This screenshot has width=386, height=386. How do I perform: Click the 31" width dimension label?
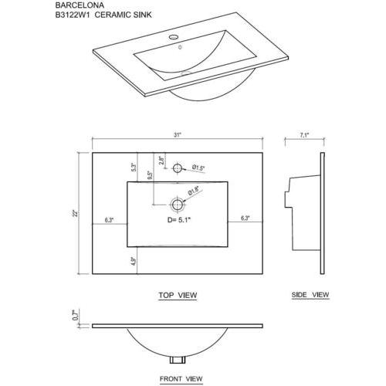[178, 135]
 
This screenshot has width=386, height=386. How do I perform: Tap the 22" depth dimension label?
[75, 214]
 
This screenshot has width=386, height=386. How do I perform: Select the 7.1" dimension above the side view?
[304, 135]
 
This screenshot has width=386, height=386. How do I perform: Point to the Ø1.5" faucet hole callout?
[198, 168]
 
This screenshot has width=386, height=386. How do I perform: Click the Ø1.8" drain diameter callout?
[194, 191]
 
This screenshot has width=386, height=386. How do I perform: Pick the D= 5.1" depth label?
[179, 220]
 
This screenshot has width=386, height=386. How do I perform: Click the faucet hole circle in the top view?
[178, 168]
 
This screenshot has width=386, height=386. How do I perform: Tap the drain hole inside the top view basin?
[178, 205]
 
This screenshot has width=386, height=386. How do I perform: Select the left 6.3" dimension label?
[109, 220]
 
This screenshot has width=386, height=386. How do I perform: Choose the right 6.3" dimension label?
[245, 218]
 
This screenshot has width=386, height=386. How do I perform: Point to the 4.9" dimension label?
[134, 261]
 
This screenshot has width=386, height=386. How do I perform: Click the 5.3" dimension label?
[134, 168]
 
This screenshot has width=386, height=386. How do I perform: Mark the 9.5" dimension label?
[151, 175]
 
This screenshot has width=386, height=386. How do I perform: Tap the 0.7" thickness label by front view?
[75, 315]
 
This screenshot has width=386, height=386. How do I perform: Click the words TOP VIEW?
[178, 295]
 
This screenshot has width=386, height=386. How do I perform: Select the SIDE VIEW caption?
[310, 295]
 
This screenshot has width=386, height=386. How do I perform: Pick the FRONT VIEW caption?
[181, 379]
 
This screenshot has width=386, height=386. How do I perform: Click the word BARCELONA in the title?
[80, 5]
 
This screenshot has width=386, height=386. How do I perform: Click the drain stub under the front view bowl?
[178, 360]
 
